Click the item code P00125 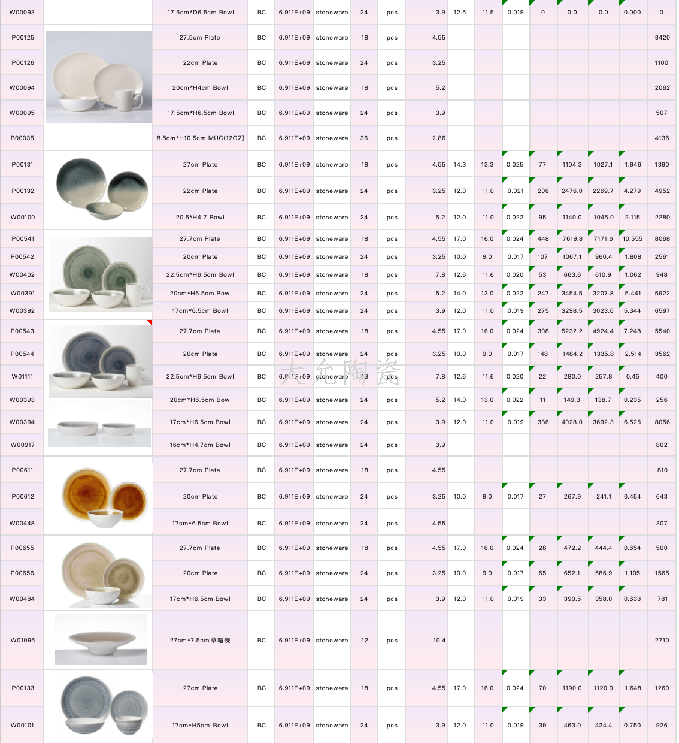(23, 37)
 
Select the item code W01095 (23, 640)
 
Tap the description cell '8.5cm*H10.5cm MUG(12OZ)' (200, 138)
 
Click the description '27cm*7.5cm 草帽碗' (200, 640)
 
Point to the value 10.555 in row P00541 (632, 238)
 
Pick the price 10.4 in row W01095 (439, 640)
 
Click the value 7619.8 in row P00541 (572, 238)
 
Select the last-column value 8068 (662, 238)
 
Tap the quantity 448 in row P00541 (543, 238)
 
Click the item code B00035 (22, 138)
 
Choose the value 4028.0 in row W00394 (572, 422)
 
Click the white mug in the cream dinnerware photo (128, 99)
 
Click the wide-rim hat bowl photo (101, 639)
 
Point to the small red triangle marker (150, 322)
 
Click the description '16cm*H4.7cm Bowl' (200, 445)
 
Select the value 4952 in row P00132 (662, 191)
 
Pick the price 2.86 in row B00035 (438, 138)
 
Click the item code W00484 (22, 599)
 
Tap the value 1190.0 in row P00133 (572, 688)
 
